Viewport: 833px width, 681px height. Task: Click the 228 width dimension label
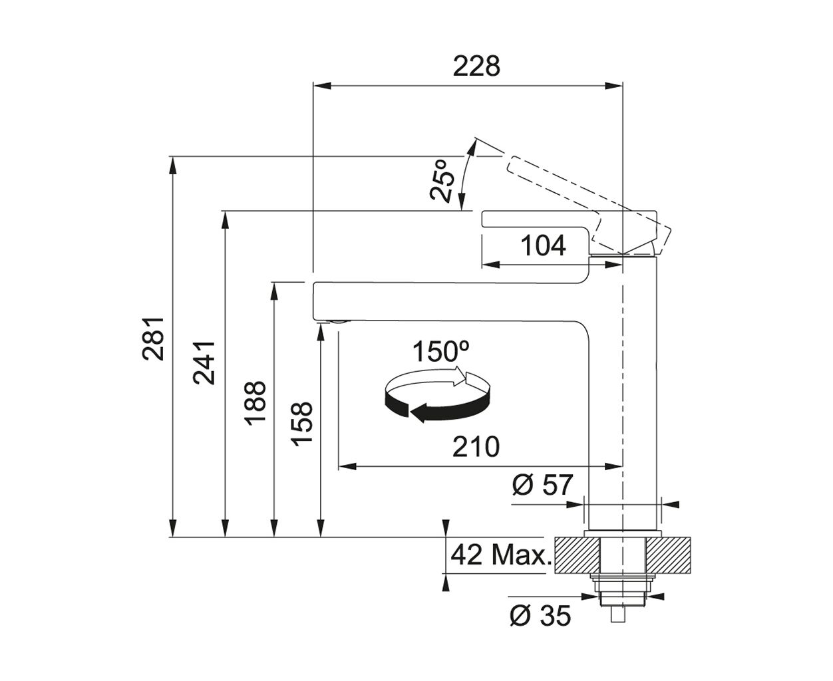tap(476, 66)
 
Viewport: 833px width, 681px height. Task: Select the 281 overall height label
tap(153, 339)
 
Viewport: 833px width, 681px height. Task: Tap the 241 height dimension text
tap(204, 363)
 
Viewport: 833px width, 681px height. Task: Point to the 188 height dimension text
tap(255, 403)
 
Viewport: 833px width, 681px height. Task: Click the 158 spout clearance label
tap(302, 424)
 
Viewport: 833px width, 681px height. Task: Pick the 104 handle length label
tap(543, 245)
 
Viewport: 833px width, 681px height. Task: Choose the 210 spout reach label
tap(476, 446)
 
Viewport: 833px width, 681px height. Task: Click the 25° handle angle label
tap(442, 181)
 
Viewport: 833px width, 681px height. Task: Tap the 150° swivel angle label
tap(441, 351)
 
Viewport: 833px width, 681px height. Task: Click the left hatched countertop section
tap(577, 555)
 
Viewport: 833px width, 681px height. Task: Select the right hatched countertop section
tap(668, 555)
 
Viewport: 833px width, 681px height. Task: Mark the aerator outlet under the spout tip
tap(340, 322)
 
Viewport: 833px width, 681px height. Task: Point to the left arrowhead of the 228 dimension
tap(322, 85)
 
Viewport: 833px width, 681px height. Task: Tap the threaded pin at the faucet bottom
tap(617, 614)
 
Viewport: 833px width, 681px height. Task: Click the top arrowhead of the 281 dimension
tap(172, 166)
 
